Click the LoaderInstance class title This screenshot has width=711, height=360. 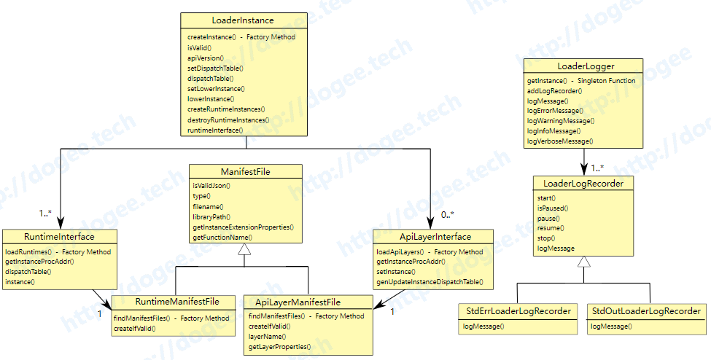coord(243,20)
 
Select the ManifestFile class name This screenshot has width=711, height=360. coord(245,172)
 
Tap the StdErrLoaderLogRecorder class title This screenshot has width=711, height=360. coord(518,311)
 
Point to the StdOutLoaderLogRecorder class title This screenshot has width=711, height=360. coord(646,311)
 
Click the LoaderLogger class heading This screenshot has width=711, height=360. coord(586,66)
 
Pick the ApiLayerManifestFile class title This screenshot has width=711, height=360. coord(298,302)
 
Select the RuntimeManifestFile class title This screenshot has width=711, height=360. coord(177,302)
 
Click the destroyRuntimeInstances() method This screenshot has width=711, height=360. coord(228,120)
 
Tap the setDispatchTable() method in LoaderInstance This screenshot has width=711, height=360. coord(215,69)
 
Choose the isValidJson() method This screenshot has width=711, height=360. coord(211,185)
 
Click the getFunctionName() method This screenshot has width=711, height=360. coord(222,238)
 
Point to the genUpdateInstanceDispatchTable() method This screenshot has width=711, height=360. coord(430,282)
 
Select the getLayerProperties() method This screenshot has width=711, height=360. coord(280,347)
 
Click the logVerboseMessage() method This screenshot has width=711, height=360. coord(560,141)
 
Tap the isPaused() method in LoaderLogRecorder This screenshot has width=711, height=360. coord(553,208)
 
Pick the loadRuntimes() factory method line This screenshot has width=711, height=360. coord(58,251)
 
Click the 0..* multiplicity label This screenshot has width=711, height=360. coord(448,214)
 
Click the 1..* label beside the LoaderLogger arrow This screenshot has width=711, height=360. coord(597,168)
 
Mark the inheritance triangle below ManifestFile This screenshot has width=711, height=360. coord(244,249)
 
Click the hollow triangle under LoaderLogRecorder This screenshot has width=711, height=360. coord(584,262)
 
